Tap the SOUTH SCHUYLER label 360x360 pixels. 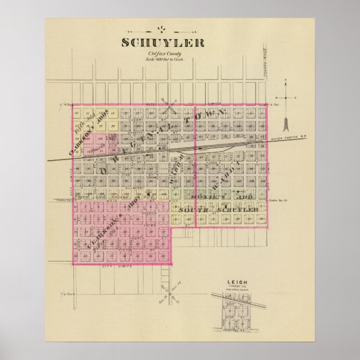[x=217, y=210]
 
